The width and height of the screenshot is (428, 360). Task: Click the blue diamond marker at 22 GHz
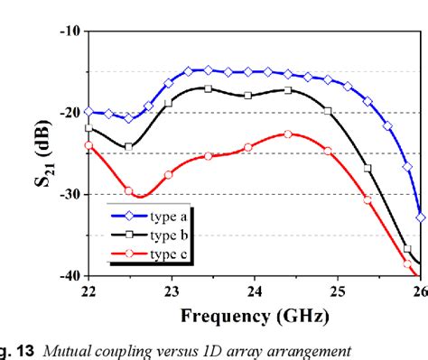[x=88, y=112]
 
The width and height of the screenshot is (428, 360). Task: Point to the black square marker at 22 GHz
[x=88, y=128]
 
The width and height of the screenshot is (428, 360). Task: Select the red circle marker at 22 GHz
[x=88, y=145]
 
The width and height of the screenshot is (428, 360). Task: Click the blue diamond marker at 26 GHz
[x=420, y=217]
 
